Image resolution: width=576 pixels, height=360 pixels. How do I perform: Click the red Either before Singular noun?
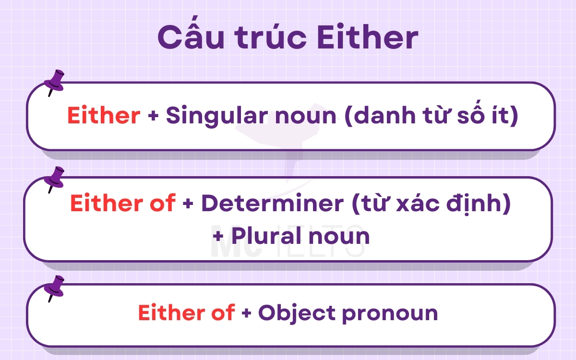(104, 116)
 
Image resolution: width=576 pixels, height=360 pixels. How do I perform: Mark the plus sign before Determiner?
(188, 204)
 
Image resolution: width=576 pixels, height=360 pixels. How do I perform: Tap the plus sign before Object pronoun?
(246, 313)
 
